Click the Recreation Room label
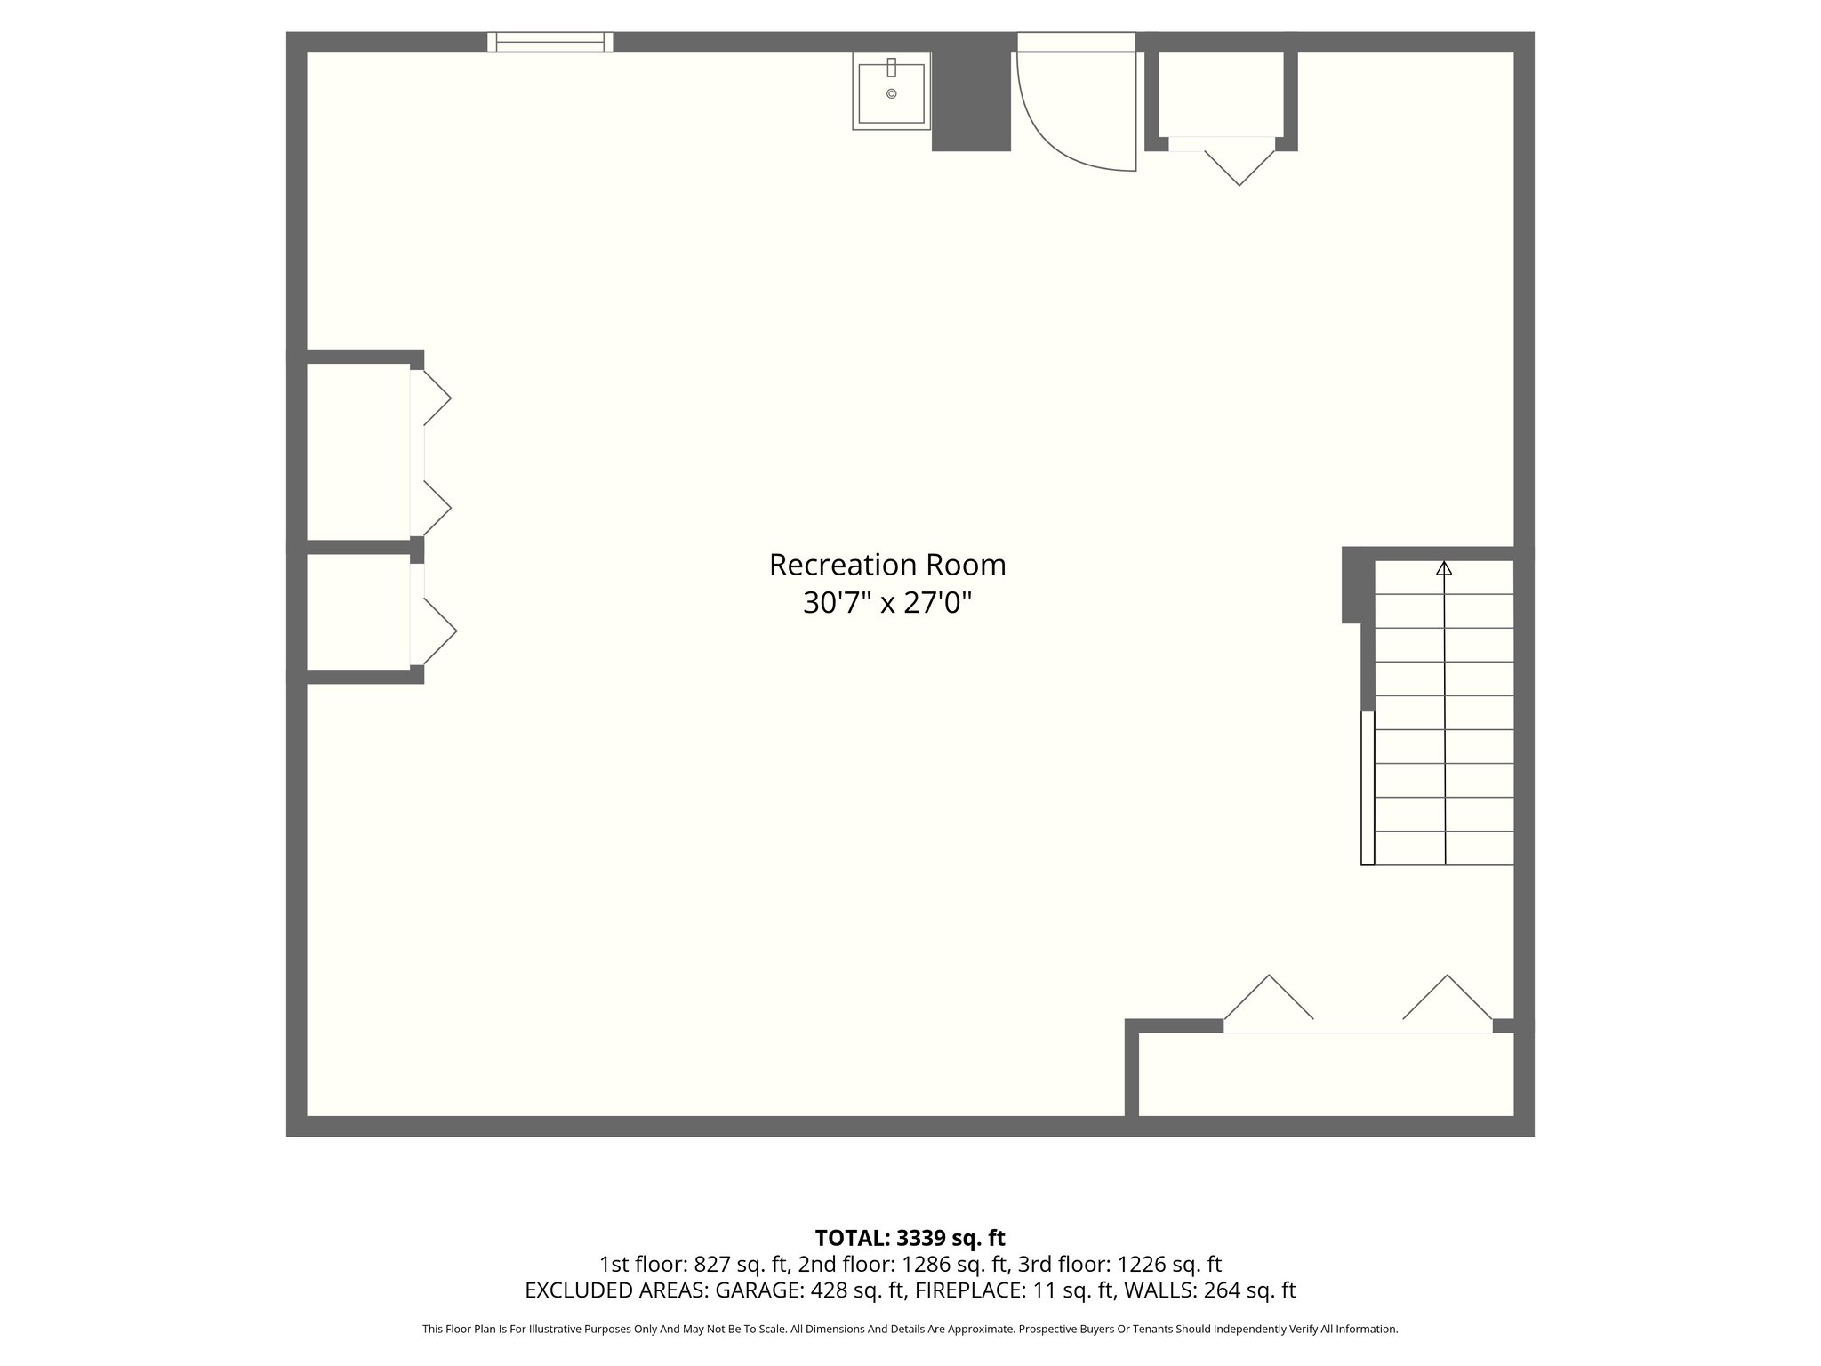pyautogui.click(x=886, y=566)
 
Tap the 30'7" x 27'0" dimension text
pyautogui.click(x=886, y=604)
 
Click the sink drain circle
pyautogui.click(x=891, y=93)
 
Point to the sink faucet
pyautogui.click(x=891, y=68)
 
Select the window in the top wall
pyautogui.click(x=550, y=42)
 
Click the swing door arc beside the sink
pyautogui.click(x=1067, y=133)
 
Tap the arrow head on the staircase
pyautogui.click(x=1444, y=568)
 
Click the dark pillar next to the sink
pyautogui.click(x=970, y=100)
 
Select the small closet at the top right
pyautogui.click(x=1220, y=93)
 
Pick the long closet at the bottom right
pyautogui.click(x=1325, y=1073)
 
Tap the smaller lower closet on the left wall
pyautogui.click(x=357, y=612)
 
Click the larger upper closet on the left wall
pyautogui.click(x=357, y=451)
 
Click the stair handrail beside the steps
pyautogui.click(x=1368, y=787)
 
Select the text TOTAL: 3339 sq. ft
pyautogui.click(x=910, y=1238)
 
